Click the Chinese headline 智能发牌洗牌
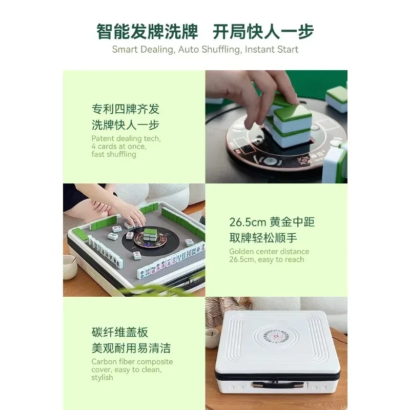pyautogui.click(x=147, y=31)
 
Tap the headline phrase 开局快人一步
pyautogui.click(x=263, y=31)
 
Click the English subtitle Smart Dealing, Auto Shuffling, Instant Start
pyautogui.click(x=205, y=50)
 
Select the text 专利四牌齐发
pyautogui.click(x=126, y=109)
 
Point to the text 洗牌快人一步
pyautogui.click(x=126, y=125)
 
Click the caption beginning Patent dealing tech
pyautogui.click(x=126, y=146)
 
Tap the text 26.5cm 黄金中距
pyautogui.click(x=272, y=222)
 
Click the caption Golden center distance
pyautogui.click(x=269, y=255)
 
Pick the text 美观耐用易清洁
pyautogui.click(x=131, y=348)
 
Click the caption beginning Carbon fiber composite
pyautogui.click(x=132, y=370)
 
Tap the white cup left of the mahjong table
pyautogui.click(x=70, y=266)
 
